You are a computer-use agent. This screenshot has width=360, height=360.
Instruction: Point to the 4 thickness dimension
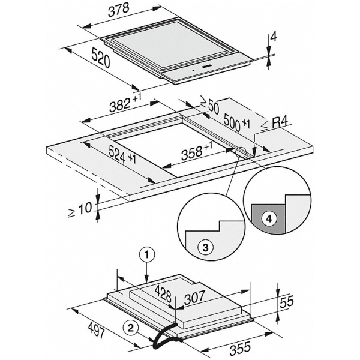tap(273, 37)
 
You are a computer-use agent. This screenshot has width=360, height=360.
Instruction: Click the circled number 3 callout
tap(205, 247)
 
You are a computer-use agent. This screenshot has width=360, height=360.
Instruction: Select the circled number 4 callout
tap(269, 219)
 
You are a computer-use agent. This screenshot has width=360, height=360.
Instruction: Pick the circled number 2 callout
tap(130, 326)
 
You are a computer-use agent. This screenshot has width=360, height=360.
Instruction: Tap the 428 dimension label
tap(164, 294)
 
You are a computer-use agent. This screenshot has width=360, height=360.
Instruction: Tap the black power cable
tap(161, 338)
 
